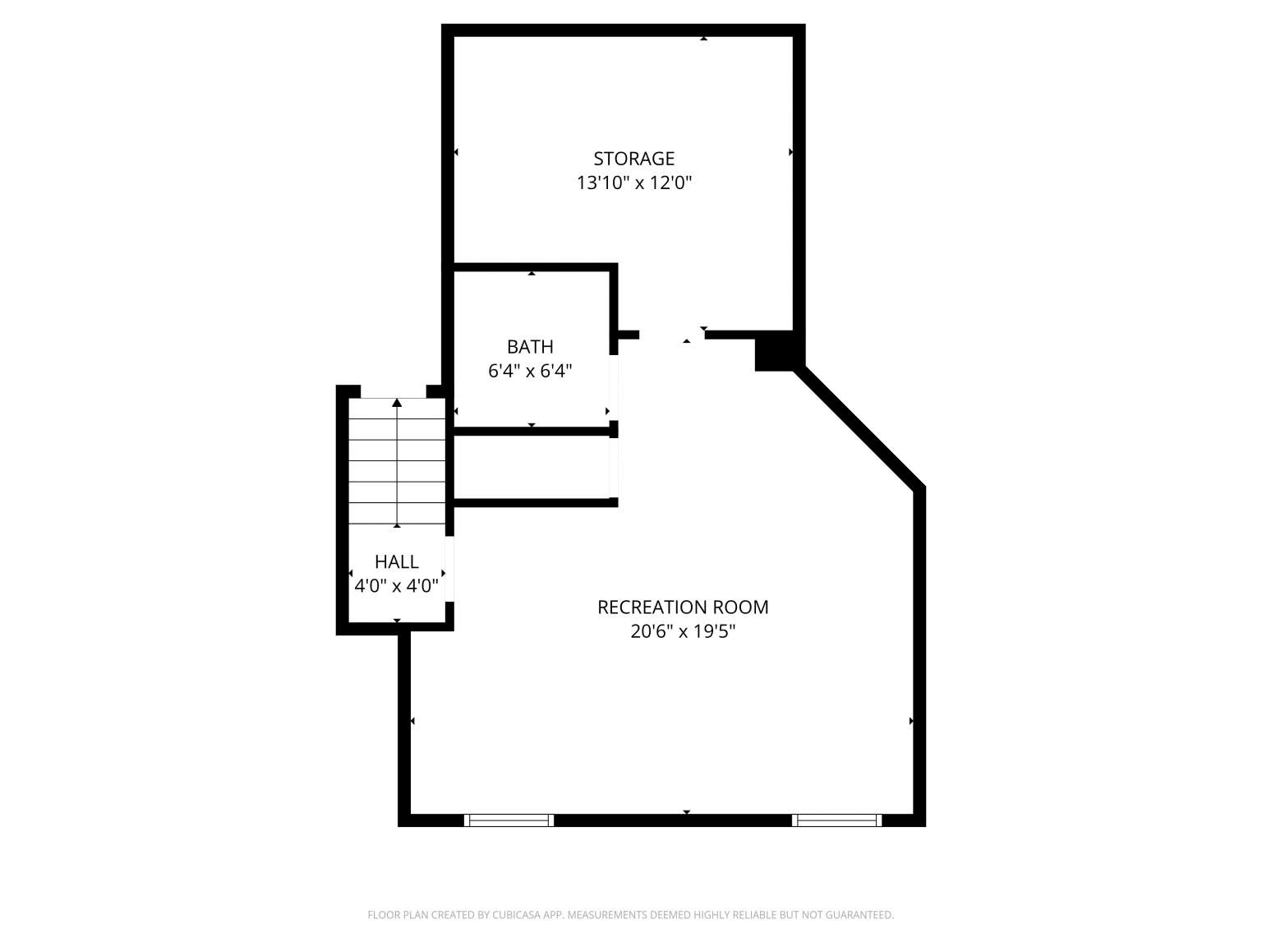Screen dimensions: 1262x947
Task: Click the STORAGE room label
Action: [633, 158]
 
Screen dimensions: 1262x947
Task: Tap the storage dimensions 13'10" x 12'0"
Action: [633, 182]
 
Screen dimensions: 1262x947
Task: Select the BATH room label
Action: [530, 347]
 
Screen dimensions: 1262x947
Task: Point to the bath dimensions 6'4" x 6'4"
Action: [530, 372]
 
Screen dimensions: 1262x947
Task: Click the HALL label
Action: [396, 561]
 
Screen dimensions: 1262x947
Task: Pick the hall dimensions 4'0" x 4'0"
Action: [396, 586]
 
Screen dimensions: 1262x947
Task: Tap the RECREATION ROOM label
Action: [683, 607]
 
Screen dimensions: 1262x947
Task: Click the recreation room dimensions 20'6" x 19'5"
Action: [683, 632]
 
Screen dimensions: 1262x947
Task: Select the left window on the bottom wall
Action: [509, 820]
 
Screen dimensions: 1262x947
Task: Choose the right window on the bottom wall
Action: [836, 820]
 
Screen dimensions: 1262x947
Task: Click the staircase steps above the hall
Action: [397, 461]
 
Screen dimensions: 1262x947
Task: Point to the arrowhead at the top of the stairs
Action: [397, 403]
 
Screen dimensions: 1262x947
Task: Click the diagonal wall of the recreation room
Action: [859, 427]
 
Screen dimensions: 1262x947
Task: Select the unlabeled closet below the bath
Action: [532, 467]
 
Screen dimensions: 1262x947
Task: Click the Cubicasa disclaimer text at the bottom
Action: [631, 914]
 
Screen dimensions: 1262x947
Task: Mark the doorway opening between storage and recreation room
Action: [671, 335]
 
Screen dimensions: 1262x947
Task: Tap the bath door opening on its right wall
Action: [614, 387]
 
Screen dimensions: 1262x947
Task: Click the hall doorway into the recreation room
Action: [449, 569]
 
